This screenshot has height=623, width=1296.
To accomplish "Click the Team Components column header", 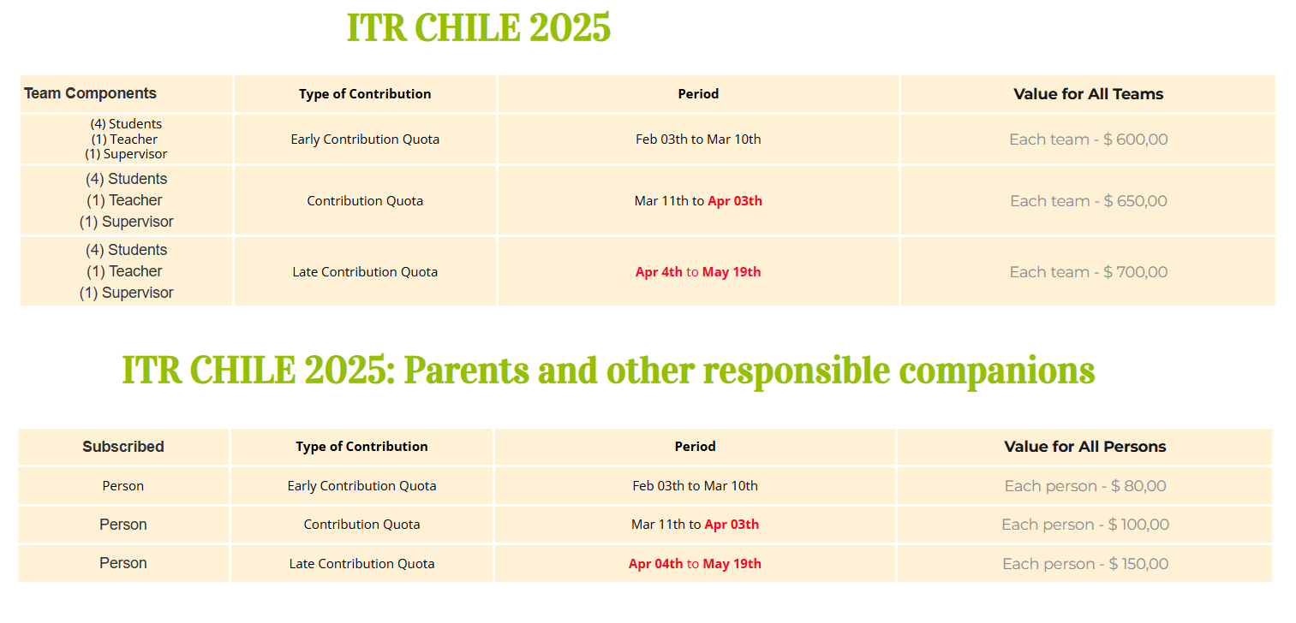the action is (90, 93).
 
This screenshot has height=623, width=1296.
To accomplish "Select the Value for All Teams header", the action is (1089, 93).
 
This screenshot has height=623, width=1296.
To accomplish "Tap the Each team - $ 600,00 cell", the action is (1089, 139).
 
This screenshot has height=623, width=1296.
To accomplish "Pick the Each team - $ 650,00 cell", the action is (1089, 201).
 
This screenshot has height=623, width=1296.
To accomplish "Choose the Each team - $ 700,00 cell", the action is (1089, 272).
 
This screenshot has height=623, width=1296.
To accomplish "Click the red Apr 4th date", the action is (659, 272).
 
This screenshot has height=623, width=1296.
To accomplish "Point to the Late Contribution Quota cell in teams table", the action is (365, 272).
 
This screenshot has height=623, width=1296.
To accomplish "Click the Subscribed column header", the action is (123, 447).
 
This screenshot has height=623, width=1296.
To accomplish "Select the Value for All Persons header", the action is (1084, 447).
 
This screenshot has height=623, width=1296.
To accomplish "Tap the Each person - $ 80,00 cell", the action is (1084, 486).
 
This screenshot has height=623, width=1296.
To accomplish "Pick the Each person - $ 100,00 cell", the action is (1084, 525).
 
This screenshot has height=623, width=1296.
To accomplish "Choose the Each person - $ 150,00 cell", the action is (1084, 564).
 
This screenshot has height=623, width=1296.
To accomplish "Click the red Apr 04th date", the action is (655, 564).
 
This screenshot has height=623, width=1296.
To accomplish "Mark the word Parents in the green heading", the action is (466, 371).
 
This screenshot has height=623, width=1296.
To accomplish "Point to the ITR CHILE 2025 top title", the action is (479, 27).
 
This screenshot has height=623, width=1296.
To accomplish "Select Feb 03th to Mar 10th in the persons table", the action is (695, 486).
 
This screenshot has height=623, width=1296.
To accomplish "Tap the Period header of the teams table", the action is (698, 93).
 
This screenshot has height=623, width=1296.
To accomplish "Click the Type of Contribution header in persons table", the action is (361, 447).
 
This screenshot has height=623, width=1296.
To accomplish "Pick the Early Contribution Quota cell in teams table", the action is (365, 139).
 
